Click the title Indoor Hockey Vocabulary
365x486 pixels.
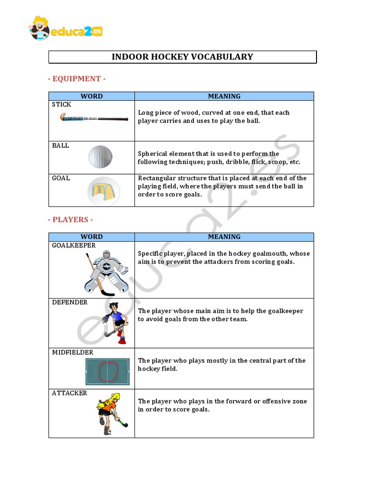pyautogui.click(x=182, y=57)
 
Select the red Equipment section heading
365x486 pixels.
pyautogui.click(x=77, y=79)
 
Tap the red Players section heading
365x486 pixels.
pyautogui.click(x=70, y=220)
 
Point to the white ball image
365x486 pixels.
pyautogui.click(x=100, y=158)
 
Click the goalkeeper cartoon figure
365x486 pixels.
pyautogui.click(x=107, y=272)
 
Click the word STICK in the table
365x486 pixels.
pyautogui.click(x=62, y=104)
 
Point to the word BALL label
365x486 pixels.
pyautogui.click(x=60, y=146)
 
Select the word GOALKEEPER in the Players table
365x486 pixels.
pyautogui.click(x=74, y=245)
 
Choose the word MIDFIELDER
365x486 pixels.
pyautogui.click(x=73, y=353)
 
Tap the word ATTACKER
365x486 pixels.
pyautogui.click(x=69, y=393)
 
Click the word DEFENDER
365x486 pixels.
pyautogui.click(x=70, y=302)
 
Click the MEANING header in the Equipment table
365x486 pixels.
pyautogui.click(x=224, y=96)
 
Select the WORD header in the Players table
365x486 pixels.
pyautogui.click(x=92, y=237)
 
